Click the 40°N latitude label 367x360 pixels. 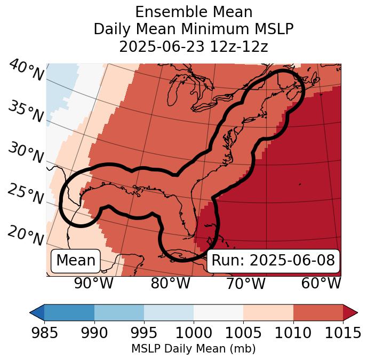click(x=26, y=71)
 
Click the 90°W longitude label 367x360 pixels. click(x=94, y=283)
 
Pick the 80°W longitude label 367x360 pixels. click(x=170, y=283)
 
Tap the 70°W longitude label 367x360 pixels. click(x=246, y=283)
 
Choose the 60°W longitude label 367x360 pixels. click(x=321, y=283)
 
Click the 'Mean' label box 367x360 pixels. click(x=76, y=261)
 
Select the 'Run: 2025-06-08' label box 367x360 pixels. click(x=273, y=261)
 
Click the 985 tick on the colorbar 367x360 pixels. click(x=44, y=333)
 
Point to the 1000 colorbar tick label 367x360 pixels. click(x=194, y=333)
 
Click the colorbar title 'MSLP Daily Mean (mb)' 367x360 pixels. click(x=193, y=349)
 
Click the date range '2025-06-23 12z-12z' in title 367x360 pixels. click(x=193, y=46)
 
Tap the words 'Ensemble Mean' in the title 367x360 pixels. click(x=193, y=12)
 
